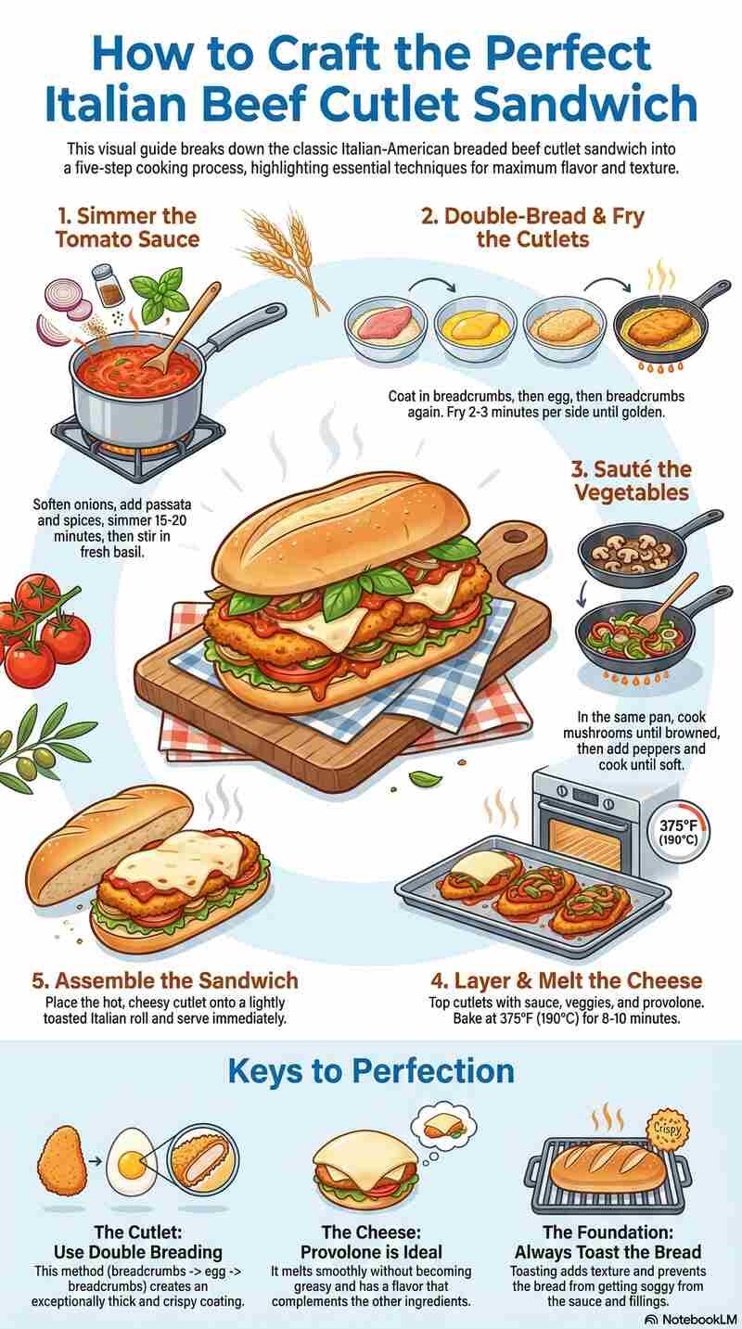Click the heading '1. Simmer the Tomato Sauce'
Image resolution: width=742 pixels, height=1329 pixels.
click(125, 227)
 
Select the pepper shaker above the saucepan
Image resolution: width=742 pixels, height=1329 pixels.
click(108, 285)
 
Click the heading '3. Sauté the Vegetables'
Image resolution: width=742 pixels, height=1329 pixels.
click(631, 480)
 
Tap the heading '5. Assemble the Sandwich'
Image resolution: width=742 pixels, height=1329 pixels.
click(173, 980)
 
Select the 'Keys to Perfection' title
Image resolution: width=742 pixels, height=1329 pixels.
click(371, 1071)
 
